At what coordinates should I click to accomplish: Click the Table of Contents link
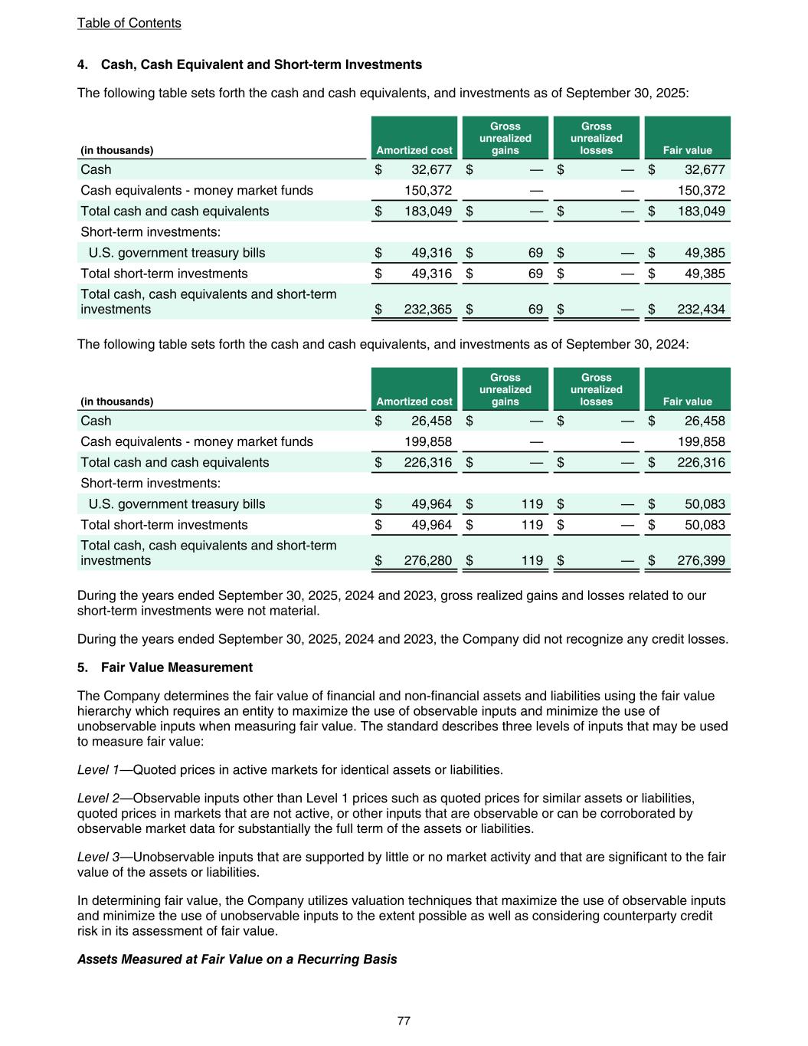129,23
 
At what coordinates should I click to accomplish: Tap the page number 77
404,1021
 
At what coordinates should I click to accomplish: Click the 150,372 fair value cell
701,190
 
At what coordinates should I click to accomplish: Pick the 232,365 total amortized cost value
427,310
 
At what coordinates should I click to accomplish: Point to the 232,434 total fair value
701,310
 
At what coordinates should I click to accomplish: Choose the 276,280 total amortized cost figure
427,561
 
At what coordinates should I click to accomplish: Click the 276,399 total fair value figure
701,561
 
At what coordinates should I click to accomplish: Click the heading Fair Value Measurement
176,667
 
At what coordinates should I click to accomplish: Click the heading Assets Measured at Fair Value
237,959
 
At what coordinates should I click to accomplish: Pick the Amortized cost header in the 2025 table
414,150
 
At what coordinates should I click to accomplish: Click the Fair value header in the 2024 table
687,402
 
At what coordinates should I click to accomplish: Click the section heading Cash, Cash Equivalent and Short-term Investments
261,64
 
